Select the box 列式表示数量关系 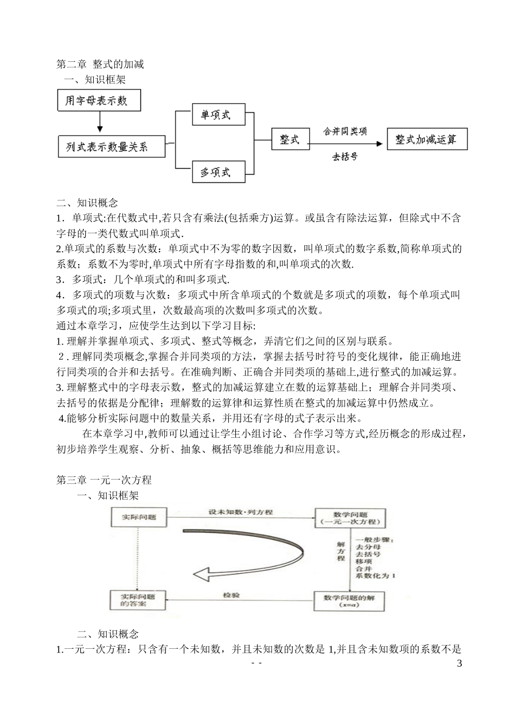(x=111, y=146)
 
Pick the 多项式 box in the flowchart (x=216, y=172)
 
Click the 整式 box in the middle (x=289, y=139)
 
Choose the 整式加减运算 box (x=427, y=139)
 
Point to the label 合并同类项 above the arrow (x=345, y=131)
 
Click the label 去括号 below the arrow (x=345, y=157)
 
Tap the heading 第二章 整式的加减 (x=100, y=64)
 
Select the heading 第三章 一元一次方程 (x=104, y=480)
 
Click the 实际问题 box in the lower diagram (x=139, y=517)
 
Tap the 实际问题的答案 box (x=138, y=600)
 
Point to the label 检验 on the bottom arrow (x=231, y=596)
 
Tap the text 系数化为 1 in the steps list (x=375, y=576)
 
